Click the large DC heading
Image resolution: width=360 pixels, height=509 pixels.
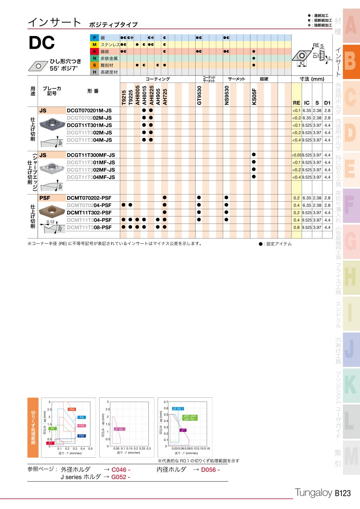click(x=42, y=44)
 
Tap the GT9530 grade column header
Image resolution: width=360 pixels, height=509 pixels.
click(x=198, y=96)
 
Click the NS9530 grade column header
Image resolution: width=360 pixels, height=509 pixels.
click(x=226, y=96)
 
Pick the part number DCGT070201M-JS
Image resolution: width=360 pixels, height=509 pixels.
click(x=89, y=110)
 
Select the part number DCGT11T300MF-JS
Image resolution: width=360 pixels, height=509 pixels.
click(x=91, y=155)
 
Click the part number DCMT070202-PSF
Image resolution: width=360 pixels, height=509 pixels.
click(x=89, y=198)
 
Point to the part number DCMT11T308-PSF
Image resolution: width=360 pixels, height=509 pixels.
click(x=89, y=227)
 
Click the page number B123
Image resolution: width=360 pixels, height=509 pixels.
click(x=342, y=493)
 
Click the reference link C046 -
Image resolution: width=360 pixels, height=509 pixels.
click(x=121, y=469)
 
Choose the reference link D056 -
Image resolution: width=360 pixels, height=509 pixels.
click(x=210, y=469)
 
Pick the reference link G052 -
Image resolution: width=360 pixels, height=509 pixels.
click(x=121, y=477)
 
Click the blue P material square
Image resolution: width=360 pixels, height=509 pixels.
click(x=94, y=38)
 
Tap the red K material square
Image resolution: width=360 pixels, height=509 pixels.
click(x=94, y=52)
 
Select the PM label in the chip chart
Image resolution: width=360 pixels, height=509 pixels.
click(x=72, y=409)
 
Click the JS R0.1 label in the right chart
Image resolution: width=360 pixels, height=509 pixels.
click(x=178, y=409)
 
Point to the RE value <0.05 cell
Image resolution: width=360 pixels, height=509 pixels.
click(x=296, y=155)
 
